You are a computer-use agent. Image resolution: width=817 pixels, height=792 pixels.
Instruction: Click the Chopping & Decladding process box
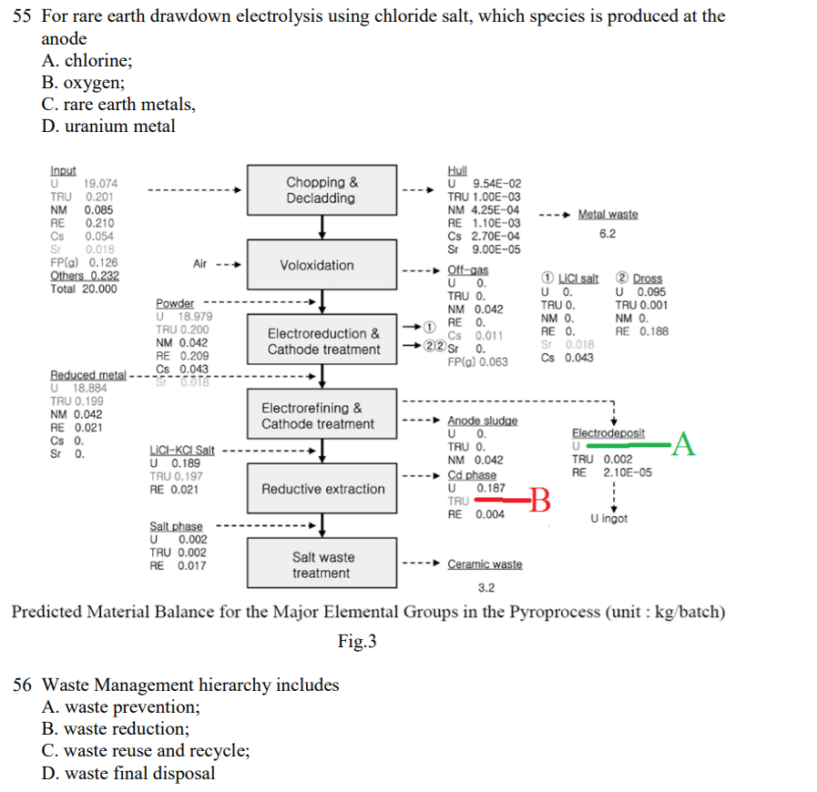(322, 190)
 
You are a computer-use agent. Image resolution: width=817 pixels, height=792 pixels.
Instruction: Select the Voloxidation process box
(316, 265)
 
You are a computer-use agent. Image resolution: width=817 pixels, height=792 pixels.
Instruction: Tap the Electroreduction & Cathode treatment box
(323, 341)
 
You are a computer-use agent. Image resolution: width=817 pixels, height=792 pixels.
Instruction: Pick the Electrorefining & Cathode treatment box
(317, 416)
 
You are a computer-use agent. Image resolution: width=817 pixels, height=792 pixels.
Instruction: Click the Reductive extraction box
(322, 489)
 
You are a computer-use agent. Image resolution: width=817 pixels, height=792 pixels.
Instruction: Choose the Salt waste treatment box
(322, 564)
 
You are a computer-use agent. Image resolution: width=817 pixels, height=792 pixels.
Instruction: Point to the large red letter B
(540, 500)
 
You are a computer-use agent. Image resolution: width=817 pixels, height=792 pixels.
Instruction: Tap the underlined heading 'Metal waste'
(608, 214)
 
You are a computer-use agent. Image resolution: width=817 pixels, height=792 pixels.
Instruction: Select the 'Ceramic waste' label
(485, 564)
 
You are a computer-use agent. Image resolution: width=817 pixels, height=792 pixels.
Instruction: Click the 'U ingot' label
(608, 519)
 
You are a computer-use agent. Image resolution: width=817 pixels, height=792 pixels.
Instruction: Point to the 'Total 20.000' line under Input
(83, 289)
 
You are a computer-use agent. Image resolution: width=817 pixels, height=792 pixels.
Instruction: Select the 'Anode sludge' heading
(482, 421)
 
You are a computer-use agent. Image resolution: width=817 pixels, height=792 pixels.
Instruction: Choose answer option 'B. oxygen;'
(83, 82)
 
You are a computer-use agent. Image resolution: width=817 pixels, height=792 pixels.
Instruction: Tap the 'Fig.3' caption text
(357, 642)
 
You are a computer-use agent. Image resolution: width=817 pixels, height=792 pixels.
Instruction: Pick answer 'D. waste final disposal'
(128, 773)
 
